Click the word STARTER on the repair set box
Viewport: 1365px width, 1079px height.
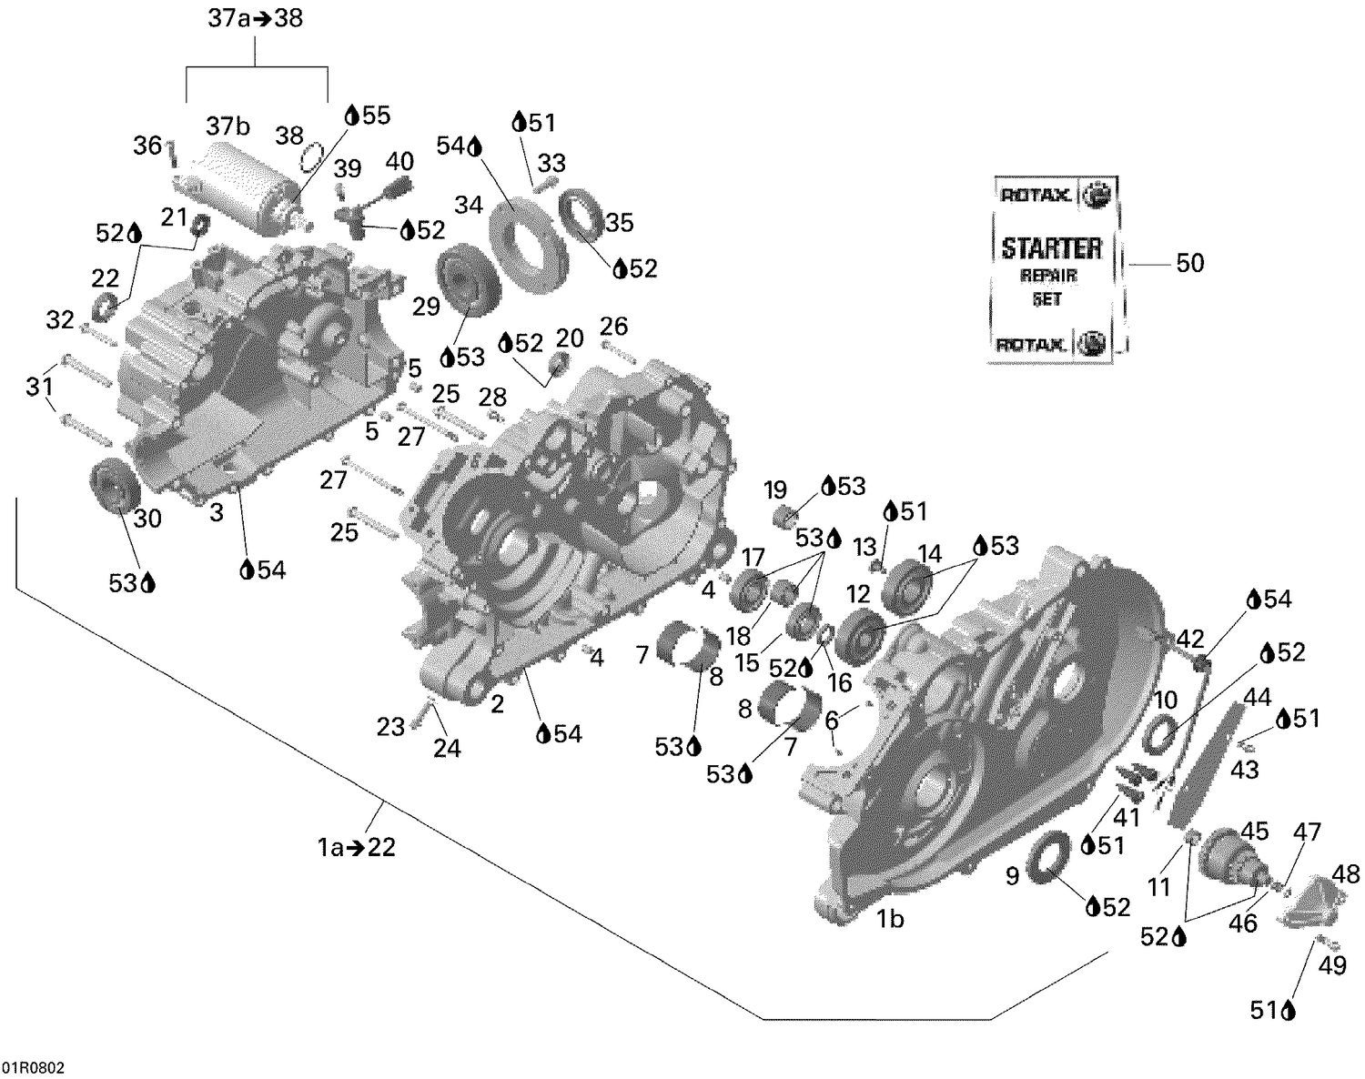tap(1051, 247)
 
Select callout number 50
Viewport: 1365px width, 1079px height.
tap(1189, 264)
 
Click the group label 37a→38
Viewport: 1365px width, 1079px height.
tap(255, 18)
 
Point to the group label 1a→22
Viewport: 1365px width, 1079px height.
tap(356, 847)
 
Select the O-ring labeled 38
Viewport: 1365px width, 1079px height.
tap(311, 156)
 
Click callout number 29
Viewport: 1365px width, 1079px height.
tap(426, 307)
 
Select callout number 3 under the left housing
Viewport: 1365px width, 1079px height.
tap(217, 513)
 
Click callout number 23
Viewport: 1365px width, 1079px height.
tap(390, 727)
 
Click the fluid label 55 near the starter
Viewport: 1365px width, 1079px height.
tap(375, 115)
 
